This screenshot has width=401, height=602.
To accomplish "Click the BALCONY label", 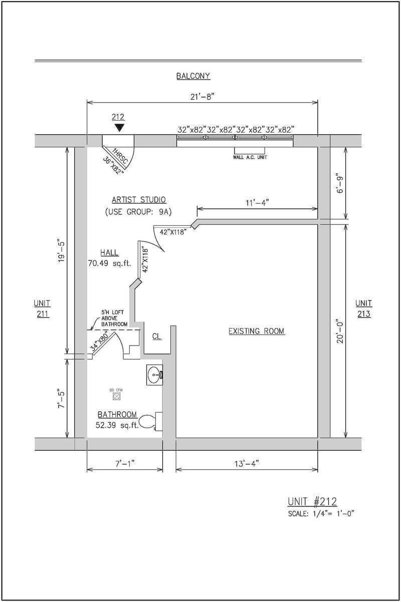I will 193,77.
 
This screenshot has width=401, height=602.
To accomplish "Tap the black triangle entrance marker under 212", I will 119,128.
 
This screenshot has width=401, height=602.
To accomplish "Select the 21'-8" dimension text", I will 203,97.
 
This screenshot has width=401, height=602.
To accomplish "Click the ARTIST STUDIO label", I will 139,200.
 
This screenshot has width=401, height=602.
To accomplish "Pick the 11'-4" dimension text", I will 257,202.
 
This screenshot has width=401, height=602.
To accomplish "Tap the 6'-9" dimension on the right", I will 341,184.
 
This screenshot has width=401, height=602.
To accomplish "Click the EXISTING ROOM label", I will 256,331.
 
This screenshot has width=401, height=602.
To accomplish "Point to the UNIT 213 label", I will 364,309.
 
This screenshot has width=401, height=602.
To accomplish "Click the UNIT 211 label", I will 42,309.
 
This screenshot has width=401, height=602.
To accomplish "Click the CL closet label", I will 157,337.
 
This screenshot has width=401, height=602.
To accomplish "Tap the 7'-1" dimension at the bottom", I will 125,464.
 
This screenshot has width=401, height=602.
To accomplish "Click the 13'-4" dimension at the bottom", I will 246,464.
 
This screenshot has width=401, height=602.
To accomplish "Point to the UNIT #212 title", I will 312,502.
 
